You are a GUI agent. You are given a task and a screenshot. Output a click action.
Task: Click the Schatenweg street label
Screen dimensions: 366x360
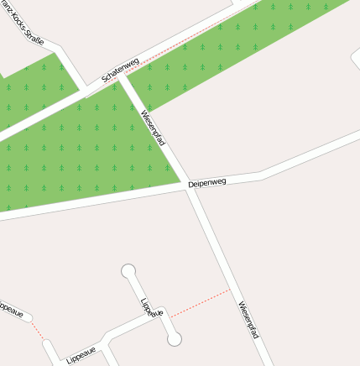(x=120, y=70)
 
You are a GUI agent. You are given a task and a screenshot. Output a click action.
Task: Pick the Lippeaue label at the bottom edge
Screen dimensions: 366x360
(x=81, y=354)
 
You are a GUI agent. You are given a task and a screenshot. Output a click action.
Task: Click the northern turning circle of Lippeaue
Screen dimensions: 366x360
(x=128, y=270)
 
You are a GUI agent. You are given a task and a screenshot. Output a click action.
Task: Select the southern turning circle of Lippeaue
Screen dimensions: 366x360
(x=174, y=339)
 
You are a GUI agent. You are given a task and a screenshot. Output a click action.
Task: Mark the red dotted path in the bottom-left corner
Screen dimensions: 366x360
(x=38, y=330)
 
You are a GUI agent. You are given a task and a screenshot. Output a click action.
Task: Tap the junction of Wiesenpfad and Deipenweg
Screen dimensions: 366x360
(x=187, y=186)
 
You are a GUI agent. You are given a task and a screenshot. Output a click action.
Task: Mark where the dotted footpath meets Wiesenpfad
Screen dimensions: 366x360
(x=229, y=290)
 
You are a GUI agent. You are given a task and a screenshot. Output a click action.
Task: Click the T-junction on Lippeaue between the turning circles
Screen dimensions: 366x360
(x=159, y=317)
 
